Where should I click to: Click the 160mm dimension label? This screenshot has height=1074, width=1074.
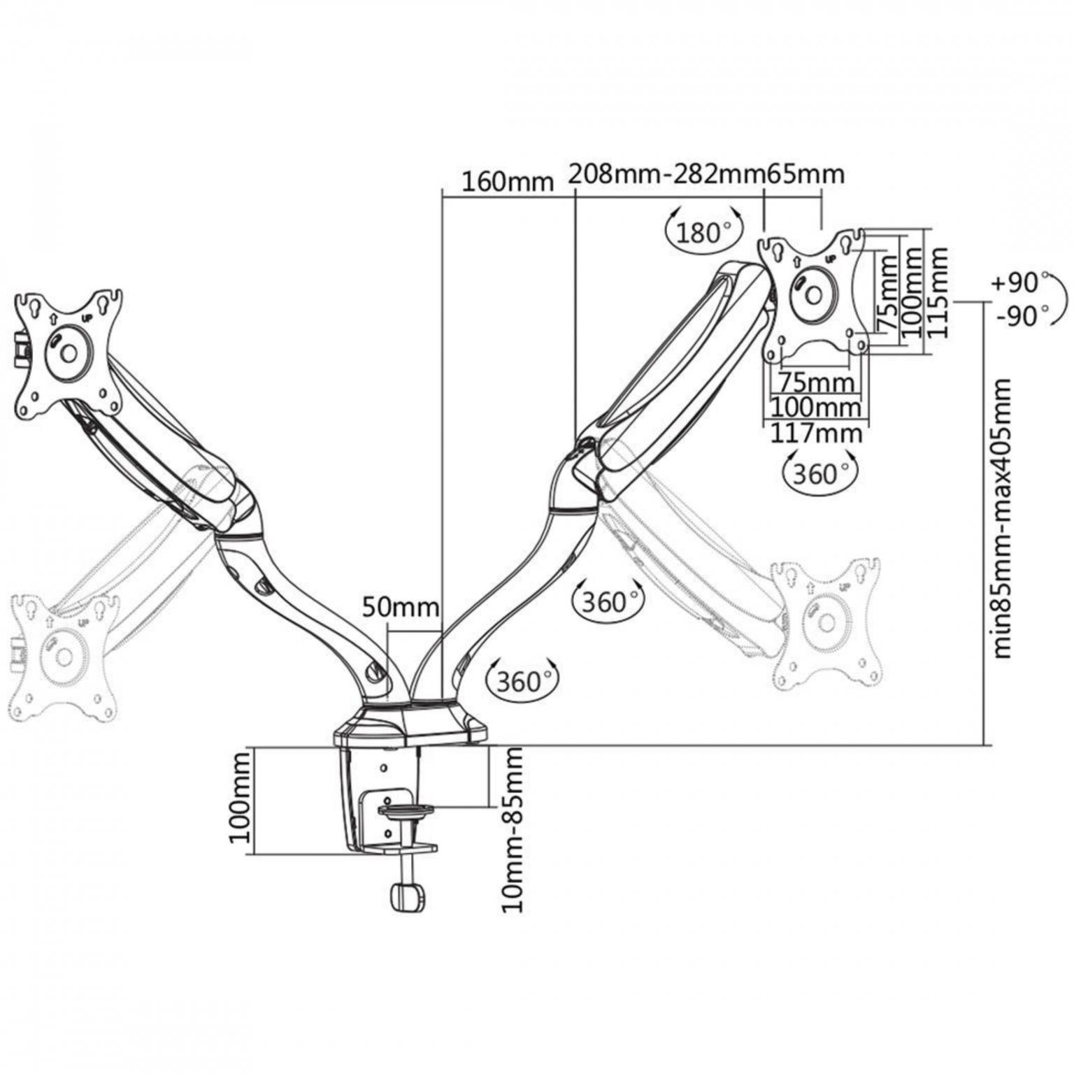pyautogui.click(x=507, y=182)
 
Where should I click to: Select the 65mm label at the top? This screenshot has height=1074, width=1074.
pyautogui.click(x=805, y=173)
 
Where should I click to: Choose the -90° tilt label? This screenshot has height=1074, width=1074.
pyautogui.click(x=1023, y=315)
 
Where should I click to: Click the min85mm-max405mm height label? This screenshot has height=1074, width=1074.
pyautogui.click(x=1002, y=518)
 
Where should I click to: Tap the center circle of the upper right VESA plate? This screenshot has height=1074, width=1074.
pyautogui.click(x=813, y=293)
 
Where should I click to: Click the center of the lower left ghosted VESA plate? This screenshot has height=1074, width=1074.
pyautogui.click(x=64, y=656)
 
